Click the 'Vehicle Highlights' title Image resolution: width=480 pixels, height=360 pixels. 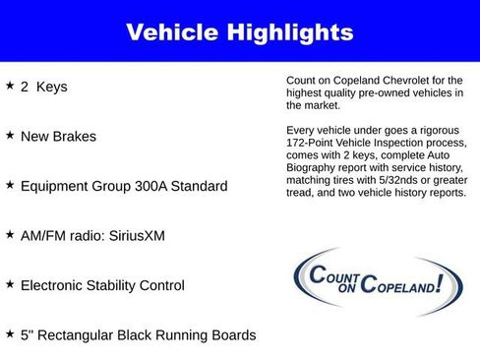[239, 32]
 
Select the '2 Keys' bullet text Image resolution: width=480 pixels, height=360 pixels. [43, 87]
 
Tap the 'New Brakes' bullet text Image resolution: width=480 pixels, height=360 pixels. [58, 136]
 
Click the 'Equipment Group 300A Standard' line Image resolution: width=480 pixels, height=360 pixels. [123, 186]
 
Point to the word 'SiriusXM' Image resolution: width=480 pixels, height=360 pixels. [141, 236]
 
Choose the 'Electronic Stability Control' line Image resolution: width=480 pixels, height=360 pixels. [101, 285]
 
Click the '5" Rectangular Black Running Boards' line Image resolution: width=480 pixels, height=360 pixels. [137, 335]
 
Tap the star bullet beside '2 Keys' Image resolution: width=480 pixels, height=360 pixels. [10, 86]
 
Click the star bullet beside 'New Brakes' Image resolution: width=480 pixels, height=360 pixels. [10, 135]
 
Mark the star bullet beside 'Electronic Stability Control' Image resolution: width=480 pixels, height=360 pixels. [10, 284]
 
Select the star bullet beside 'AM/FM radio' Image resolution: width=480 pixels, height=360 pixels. [10, 235]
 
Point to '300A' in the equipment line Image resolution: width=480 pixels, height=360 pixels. [156, 186]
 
